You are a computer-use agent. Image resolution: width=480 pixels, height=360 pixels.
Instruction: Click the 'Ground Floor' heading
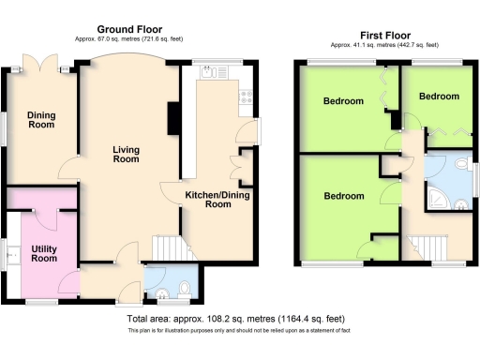point(127,29)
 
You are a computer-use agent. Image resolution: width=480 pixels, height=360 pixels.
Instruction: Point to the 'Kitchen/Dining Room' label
point(217,199)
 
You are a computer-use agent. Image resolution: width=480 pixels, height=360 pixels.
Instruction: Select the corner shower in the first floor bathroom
point(436,200)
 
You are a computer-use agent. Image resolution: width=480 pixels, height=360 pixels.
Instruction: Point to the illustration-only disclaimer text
point(238,331)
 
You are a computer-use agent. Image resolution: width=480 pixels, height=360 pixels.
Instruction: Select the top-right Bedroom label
point(439,97)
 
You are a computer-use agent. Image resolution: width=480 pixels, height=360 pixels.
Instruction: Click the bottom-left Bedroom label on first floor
point(343,196)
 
